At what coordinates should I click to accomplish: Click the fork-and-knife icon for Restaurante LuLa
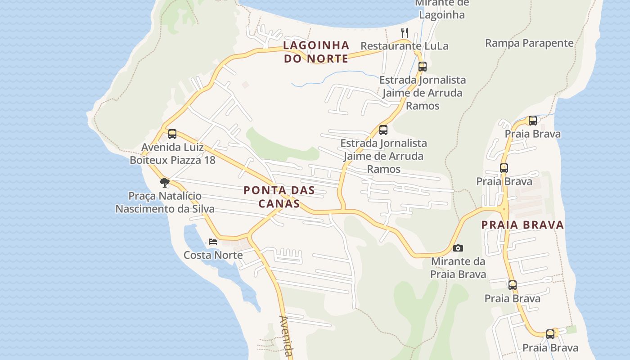[404, 33]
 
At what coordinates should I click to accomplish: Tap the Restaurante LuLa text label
[404, 46]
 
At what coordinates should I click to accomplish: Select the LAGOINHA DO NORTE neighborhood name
[316, 52]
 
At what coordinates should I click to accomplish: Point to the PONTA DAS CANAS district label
[279, 197]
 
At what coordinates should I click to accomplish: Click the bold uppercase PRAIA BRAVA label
[522, 225]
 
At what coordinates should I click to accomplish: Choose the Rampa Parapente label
[529, 43]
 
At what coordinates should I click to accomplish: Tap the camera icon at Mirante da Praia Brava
[458, 248]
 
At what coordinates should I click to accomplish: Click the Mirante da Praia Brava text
[458, 268]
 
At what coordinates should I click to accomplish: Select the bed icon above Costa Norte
[213, 242]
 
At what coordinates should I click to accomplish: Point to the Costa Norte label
[213, 255]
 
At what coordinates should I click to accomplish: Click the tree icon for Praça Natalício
[165, 183]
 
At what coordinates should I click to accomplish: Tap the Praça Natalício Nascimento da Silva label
[165, 202]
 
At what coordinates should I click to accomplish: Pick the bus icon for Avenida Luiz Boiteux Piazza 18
[172, 134]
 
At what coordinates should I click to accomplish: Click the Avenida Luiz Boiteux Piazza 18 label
[172, 153]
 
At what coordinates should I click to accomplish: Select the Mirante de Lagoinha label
[441, 9]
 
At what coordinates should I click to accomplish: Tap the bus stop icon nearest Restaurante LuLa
[422, 67]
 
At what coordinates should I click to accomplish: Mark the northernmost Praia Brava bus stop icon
[533, 121]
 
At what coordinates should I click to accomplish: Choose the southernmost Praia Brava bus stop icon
[550, 334]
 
